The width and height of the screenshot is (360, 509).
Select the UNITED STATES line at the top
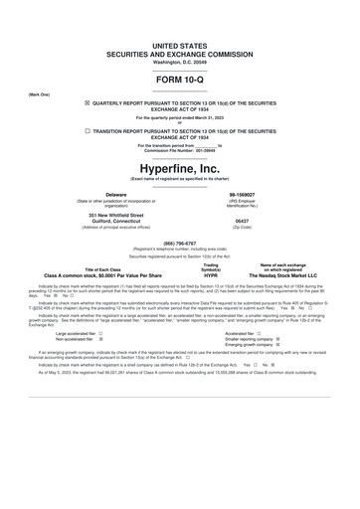click(180, 46)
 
